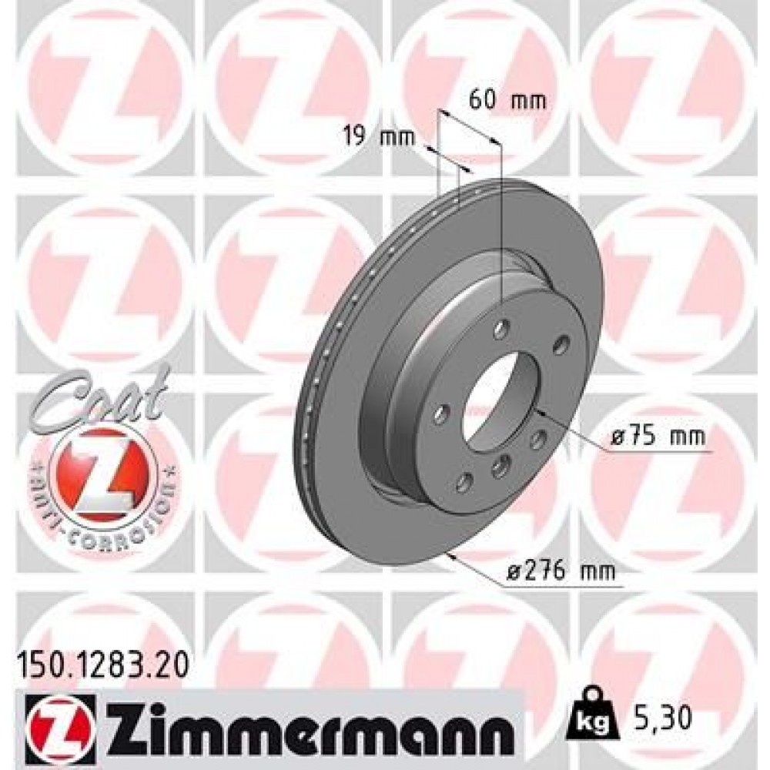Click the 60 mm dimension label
pyautogui.click(x=507, y=100)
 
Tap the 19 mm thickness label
pyautogui.click(x=377, y=138)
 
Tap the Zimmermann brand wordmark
pyautogui.click(x=307, y=724)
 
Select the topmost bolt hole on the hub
pyautogui.click(x=501, y=330)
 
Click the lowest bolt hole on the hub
pyautogui.click(x=464, y=482)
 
